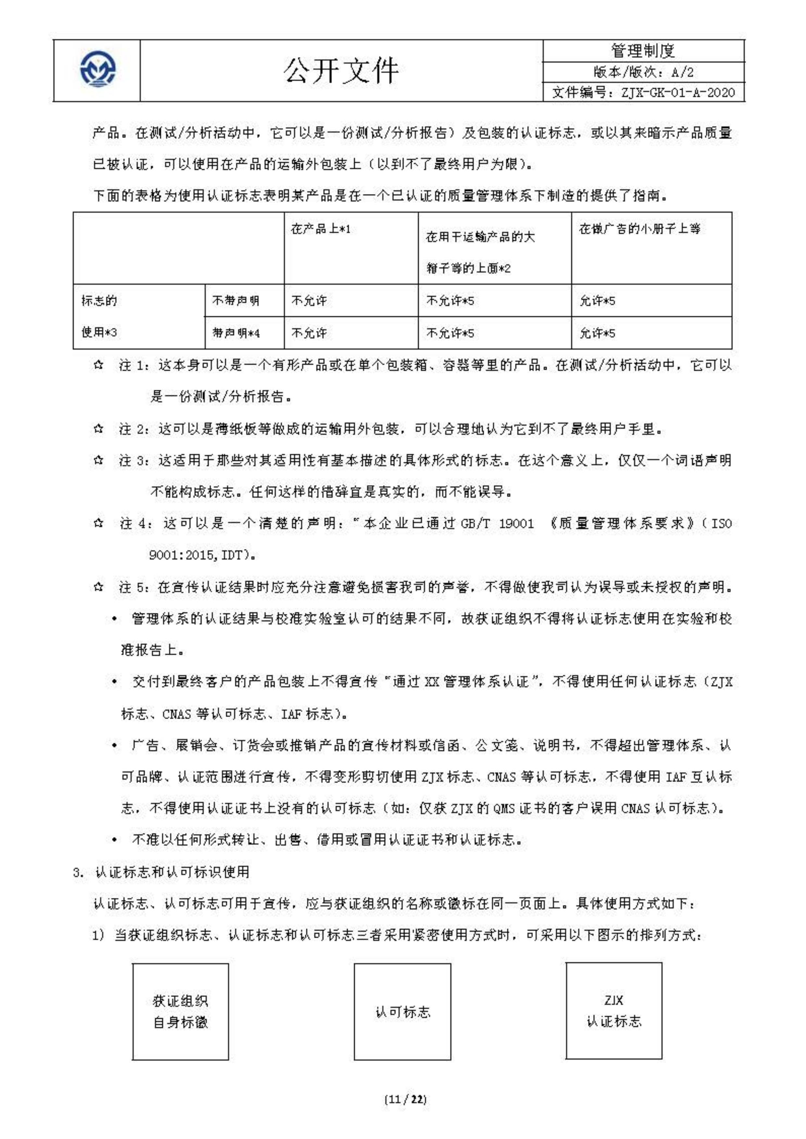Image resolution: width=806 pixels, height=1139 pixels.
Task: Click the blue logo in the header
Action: [x=98, y=70]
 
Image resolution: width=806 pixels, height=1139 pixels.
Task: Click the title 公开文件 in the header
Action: [x=341, y=70]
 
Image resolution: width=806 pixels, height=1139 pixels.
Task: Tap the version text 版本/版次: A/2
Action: [x=643, y=72]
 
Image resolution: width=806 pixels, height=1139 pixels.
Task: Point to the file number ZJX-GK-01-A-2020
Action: [x=643, y=92]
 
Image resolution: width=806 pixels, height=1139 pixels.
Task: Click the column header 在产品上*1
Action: [x=321, y=229]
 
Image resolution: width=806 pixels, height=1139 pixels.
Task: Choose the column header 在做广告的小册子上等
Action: [x=640, y=229]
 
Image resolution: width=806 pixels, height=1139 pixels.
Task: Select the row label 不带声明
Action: [x=236, y=300]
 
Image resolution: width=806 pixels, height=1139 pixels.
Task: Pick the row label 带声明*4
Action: [x=236, y=333]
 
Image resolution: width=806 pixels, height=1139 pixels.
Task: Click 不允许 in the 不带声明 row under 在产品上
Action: [x=309, y=300]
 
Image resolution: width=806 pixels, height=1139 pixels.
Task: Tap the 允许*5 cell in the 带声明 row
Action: [x=597, y=333]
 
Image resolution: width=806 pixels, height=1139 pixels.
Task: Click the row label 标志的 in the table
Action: [x=99, y=300]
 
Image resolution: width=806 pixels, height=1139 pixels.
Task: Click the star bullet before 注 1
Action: [x=98, y=365]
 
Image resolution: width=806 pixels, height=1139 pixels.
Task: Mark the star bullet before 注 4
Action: [x=98, y=523]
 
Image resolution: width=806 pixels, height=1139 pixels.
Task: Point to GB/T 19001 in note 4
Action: [x=497, y=523]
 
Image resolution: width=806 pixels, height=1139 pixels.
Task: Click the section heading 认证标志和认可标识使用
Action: [x=172, y=872]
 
